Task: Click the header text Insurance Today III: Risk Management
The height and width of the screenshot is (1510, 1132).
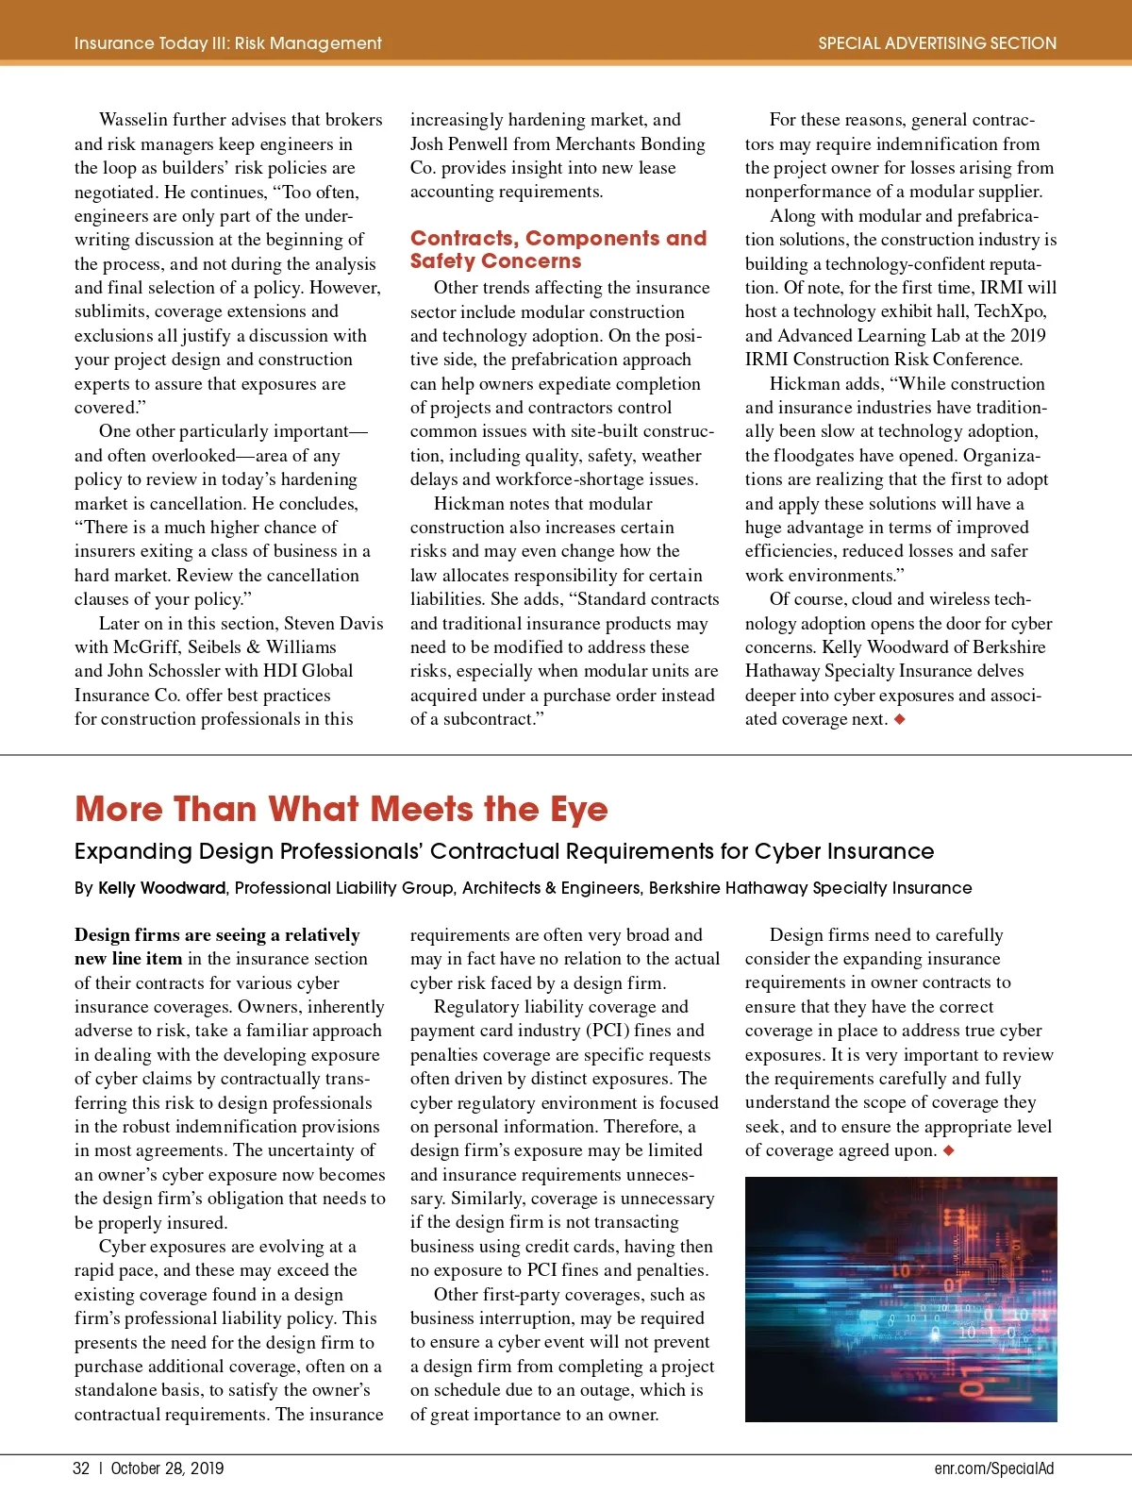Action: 227,43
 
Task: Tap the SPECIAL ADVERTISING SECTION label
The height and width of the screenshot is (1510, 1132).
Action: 937,43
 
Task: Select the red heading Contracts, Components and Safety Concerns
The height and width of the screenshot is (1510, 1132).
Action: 558,249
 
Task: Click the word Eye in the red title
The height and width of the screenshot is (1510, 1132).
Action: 579,810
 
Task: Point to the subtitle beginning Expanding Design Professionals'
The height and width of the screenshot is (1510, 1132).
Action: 504,851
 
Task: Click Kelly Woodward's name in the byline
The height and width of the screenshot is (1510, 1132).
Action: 161,888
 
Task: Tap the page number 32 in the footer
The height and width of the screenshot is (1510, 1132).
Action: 81,1468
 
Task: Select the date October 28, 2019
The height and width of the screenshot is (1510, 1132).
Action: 167,1468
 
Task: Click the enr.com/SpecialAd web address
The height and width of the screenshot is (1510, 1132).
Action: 993,1468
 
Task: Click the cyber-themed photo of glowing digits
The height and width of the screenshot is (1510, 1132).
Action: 900,1299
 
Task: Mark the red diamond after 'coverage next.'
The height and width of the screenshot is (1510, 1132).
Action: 900,719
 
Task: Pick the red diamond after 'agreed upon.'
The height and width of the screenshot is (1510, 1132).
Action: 948,1150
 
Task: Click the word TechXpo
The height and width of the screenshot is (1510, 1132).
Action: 1009,311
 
